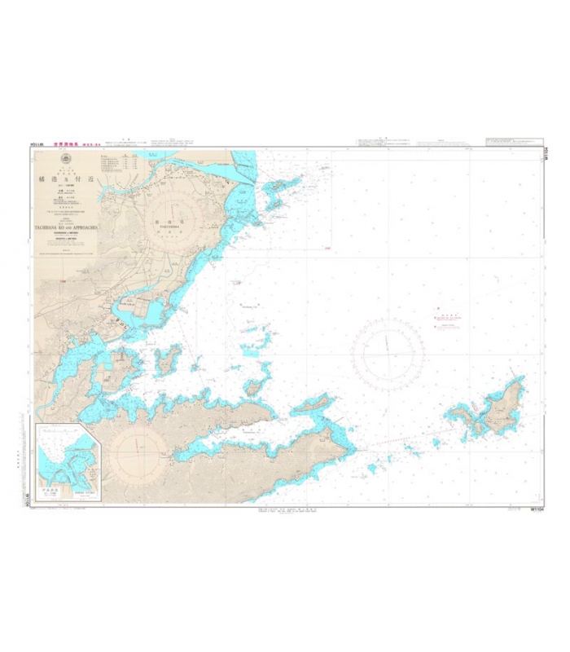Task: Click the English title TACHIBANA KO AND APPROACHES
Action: [66, 229]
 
